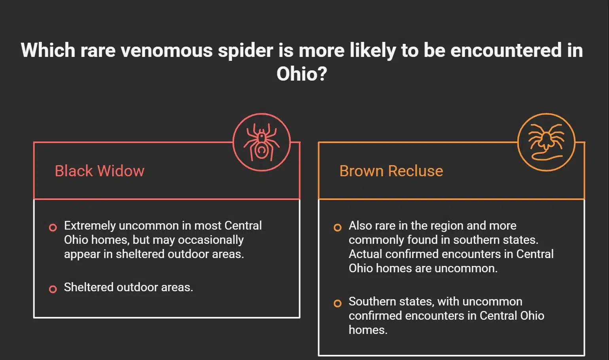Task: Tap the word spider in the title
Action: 245,51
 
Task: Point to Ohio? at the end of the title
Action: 302,74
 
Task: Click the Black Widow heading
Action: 99,171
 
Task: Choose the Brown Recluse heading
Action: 391,171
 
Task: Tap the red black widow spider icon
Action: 261,142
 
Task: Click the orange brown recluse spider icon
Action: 546,142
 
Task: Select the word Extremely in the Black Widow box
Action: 90,226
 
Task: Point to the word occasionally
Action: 210,240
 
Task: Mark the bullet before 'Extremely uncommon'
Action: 53,228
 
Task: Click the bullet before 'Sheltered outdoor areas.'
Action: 53,289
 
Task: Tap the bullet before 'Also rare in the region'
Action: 337,228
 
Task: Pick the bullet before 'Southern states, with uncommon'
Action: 337,303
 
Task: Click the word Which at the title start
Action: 48,51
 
